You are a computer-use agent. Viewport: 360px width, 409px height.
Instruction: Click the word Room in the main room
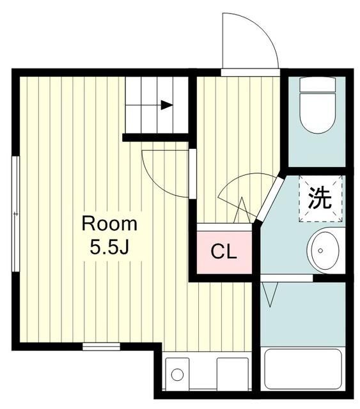pyautogui.click(x=109, y=224)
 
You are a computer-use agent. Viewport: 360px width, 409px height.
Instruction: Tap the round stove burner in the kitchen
pyautogui.click(x=177, y=373)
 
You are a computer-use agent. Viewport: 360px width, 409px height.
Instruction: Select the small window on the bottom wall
pyautogui.click(x=101, y=347)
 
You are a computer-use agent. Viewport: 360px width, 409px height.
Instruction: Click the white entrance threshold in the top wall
pyautogui.click(x=250, y=72)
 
